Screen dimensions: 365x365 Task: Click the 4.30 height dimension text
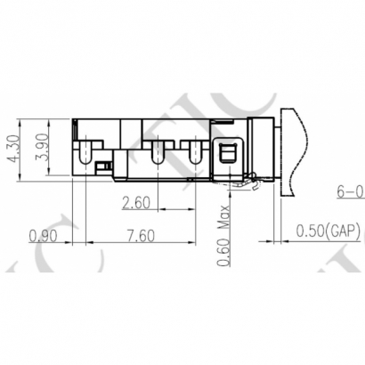pyautogui.click(x=11, y=150)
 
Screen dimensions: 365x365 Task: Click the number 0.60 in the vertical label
pyautogui.click(x=224, y=251)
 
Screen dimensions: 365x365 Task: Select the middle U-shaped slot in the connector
pyautogui.click(x=158, y=152)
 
